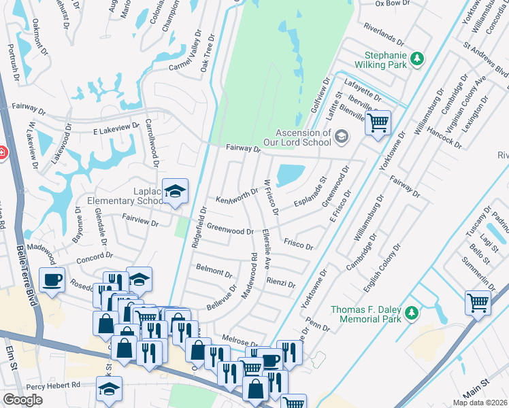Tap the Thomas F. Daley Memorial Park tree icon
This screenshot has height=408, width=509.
click(x=411, y=313)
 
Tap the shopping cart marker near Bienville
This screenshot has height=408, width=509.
click(x=378, y=123)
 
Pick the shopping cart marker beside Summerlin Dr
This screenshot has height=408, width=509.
click(x=478, y=302)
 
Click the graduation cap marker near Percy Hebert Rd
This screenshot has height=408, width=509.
click(x=109, y=389)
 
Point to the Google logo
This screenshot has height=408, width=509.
click(x=22, y=400)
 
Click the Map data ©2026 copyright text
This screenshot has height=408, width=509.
click(x=480, y=403)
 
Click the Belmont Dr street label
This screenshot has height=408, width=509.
click(x=214, y=271)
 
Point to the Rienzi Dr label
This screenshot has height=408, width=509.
click(x=280, y=283)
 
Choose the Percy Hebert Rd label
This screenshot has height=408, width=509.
click(x=58, y=384)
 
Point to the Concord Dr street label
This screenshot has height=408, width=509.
click(x=95, y=257)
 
